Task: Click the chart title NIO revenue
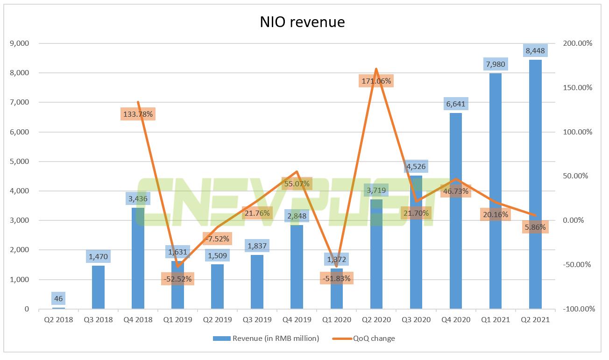pos(302,21)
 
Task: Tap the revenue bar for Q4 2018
pos(138,261)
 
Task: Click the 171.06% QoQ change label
pos(376,81)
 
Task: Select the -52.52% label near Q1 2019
pos(177,279)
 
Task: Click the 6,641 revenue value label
pos(455,104)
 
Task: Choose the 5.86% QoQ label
pos(535,227)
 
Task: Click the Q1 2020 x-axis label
pos(336,320)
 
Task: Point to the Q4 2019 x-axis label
pos(297,320)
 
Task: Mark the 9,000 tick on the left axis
pos(19,43)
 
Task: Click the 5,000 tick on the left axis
pos(19,162)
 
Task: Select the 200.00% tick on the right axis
pos(578,43)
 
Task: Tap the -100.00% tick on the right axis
pos(578,309)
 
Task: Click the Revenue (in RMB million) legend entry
pos(266,339)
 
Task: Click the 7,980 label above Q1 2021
pos(495,64)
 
